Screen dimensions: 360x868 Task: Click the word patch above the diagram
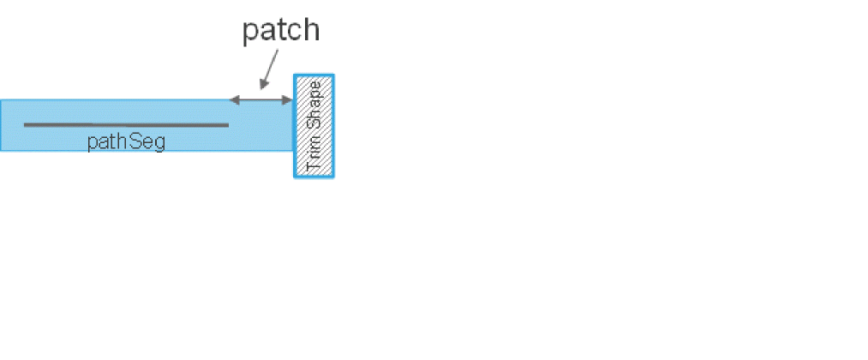click(x=280, y=31)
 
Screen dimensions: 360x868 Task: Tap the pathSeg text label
click(x=126, y=141)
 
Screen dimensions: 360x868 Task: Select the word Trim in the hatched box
click(x=314, y=154)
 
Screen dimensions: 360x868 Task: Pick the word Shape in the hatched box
click(x=314, y=111)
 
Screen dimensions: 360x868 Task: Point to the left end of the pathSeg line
click(x=25, y=125)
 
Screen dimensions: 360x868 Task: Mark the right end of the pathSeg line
click(x=228, y=125)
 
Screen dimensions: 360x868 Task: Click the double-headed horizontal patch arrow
click(x=261, y=100)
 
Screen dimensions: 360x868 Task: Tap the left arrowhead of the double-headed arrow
click(x=234, y=100)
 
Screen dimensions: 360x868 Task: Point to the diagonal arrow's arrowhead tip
click(x=261, y=88)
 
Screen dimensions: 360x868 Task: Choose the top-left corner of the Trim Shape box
click(x=296, y=75)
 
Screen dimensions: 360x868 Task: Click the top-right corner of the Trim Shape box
click(x=332, y=75)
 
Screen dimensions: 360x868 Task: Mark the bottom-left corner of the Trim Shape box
click(x=296, y=177)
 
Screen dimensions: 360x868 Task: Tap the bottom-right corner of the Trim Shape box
click(x=332, y=177)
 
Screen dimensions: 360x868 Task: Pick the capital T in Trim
click(x=314, y=166)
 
